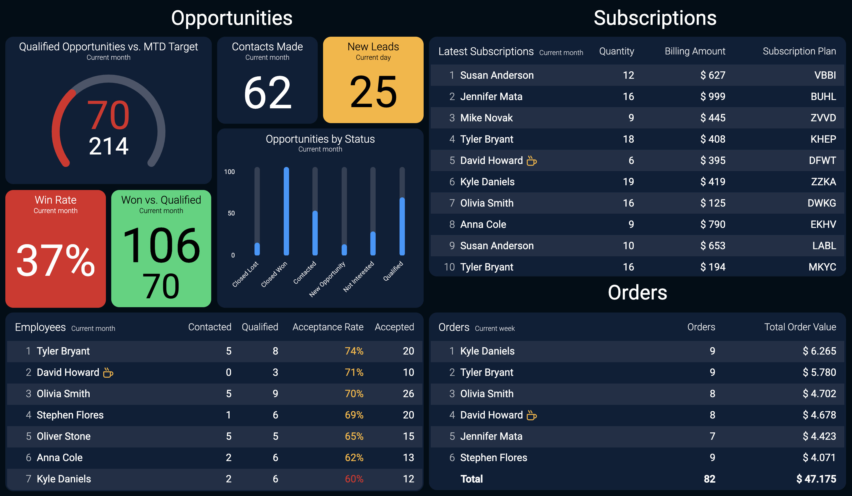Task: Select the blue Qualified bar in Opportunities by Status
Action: pos(402,226)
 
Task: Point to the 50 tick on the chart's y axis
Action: pos(231,213)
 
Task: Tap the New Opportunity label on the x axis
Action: pos(327,279)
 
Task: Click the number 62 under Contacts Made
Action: pos(267,92)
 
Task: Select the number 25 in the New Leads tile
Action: pos(373,92)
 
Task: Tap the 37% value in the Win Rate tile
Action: pos(56,260)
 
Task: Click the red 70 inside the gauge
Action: pos(108,115)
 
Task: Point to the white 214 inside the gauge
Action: pos(109,146)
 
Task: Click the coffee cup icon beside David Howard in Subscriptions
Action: pos(532,160)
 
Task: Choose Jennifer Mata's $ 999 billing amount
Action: pos(713,96)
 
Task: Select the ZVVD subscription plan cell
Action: pos(823,118)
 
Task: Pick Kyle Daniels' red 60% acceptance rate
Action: pos(354,479)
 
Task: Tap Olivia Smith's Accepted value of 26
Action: pos(409,394)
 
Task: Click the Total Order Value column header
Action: pos(800,327)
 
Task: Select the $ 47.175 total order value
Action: pos(816,479)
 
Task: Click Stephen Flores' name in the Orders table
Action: pos(494,458)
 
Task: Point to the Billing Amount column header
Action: pos(695,51)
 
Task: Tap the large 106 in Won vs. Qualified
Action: pos(161,245)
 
